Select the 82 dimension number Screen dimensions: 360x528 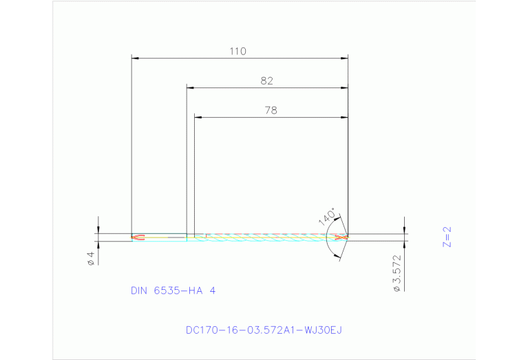[267, 81]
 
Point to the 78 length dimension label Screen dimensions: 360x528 [271, 110]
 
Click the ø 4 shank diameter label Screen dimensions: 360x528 [90, 259]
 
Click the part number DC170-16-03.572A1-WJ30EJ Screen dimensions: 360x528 [264, 330]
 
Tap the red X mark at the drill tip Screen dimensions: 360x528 [340, 237]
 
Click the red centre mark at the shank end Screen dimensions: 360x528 [138, 237]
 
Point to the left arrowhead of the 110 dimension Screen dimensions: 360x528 [135, 59]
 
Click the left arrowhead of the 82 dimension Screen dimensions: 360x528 [191, 88]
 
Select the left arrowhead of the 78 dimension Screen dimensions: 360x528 [198, 118]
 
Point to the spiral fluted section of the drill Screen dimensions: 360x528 [268, 237]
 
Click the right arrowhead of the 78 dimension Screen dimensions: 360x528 [344, 118]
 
